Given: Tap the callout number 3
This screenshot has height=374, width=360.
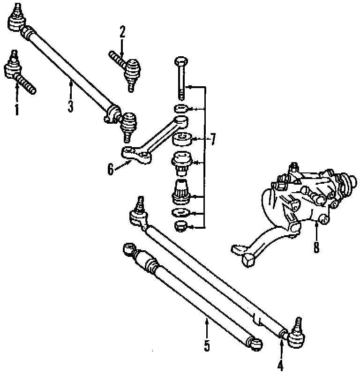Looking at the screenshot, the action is pos(70,106).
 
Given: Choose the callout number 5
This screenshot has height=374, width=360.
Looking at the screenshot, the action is pos(207,346).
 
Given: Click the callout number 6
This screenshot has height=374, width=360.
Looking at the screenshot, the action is pos(111,169).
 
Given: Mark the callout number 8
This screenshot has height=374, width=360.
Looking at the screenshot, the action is pos(317,247).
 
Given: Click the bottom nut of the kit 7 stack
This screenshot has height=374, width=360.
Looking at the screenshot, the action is pos(180,227).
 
